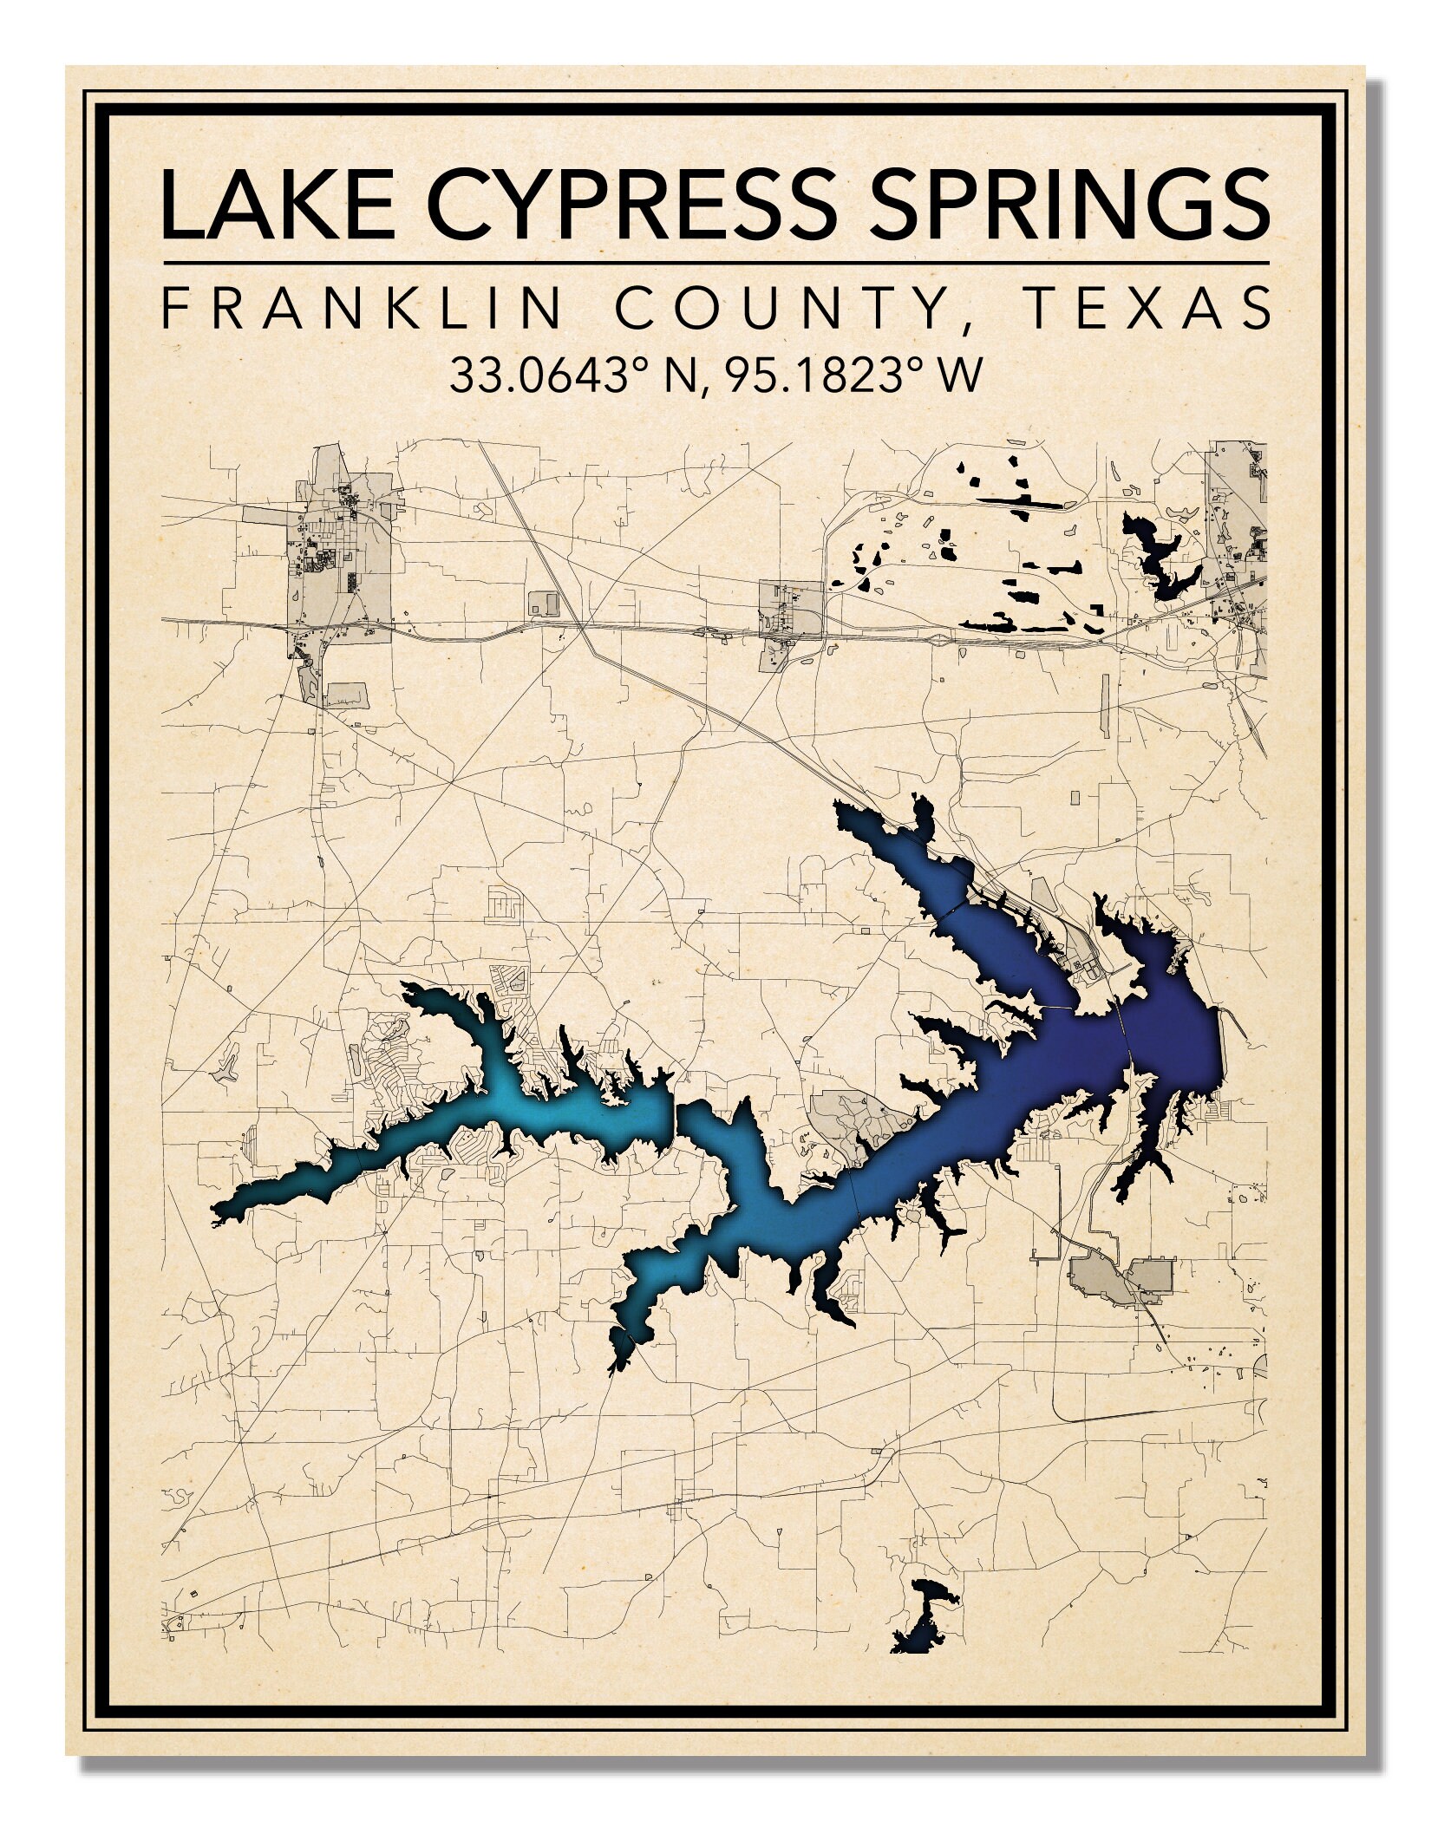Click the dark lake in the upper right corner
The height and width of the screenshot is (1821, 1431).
point(1162,555)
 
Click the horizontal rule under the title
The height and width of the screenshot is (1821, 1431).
point(715,262)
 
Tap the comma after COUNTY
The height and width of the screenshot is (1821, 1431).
point(964,323)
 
